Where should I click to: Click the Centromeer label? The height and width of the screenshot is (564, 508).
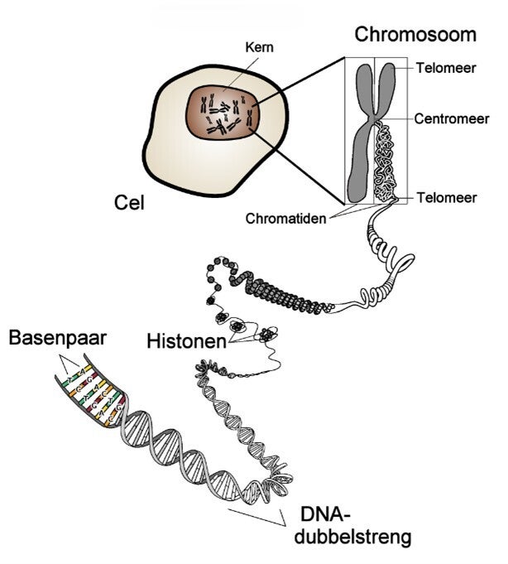453,118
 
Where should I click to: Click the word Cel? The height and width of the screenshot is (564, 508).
128,200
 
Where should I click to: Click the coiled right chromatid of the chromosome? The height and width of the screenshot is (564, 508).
387,161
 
